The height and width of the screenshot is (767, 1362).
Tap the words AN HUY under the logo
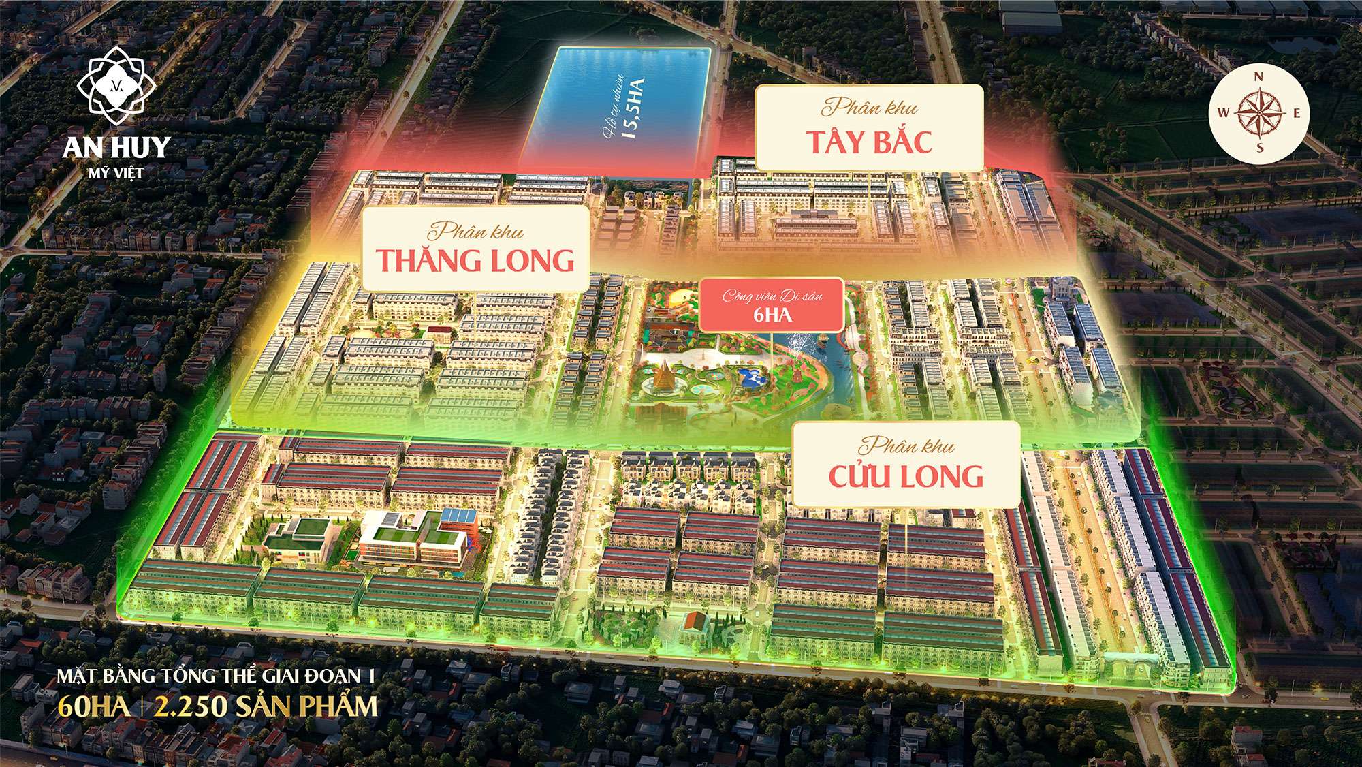click(x=116, y=147)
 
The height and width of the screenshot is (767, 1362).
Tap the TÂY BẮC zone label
click(x=870, y=142)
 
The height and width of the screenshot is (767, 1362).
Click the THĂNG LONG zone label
click(x=476, y=261)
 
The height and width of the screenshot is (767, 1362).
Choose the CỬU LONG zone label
click(x=906, y=475)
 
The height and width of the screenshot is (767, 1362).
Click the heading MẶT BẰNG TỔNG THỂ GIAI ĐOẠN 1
click(x=218, y=676)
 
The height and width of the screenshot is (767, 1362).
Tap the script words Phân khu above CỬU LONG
click(x=906, y=447)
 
